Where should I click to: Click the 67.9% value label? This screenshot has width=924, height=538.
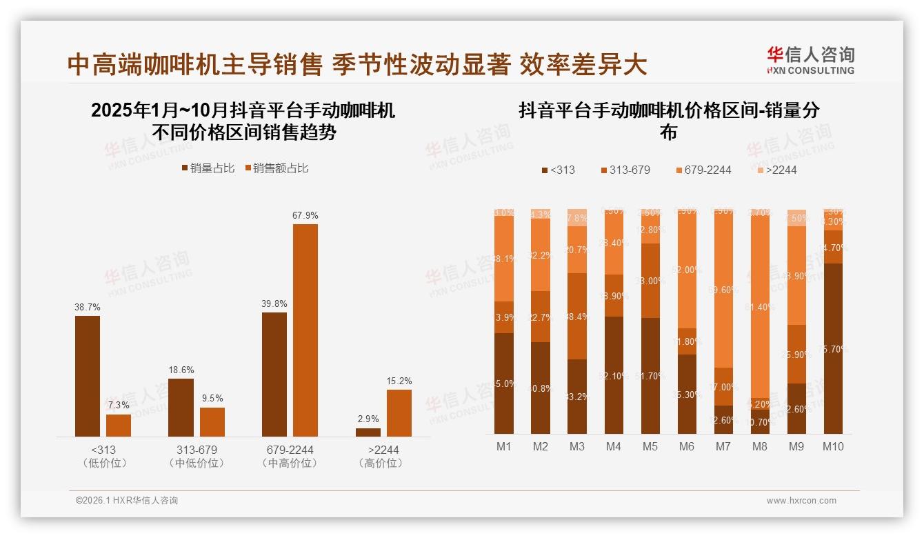[x=305, y=216]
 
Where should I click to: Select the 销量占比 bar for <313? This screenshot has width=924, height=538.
[x=88, y=376]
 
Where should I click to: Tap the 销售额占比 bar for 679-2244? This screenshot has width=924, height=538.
[x=305, y=330]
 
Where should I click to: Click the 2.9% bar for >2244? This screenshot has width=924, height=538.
[x=368, y=432]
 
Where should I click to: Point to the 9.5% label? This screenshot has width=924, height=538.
[x=212, y=399]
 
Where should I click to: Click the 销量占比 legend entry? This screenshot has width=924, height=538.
[x=208, y=168]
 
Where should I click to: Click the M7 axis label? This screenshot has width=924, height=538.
[x=723, y=447]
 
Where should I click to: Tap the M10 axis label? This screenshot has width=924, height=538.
[x=833, y=447]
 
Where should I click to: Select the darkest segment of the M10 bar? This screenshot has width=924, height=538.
[x=833, y=348]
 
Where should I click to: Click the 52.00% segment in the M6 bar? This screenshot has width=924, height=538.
[x=686, y=270]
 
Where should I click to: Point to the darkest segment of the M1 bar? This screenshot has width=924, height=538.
[x=504, y=383]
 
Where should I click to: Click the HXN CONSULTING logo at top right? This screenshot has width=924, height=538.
[x=810, y=60]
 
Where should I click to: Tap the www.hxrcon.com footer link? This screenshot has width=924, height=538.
[x=801, y=501]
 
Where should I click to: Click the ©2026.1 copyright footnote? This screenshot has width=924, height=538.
[x=127, y=501]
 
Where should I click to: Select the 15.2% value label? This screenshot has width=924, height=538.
[x=399, y=381]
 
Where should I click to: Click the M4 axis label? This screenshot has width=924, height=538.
[x=614, y=447]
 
